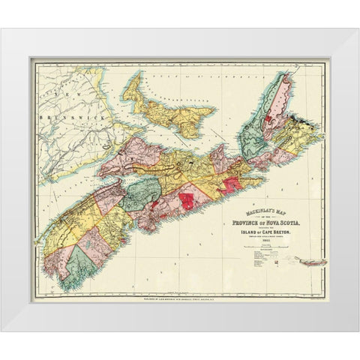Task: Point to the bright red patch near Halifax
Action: (185, 201)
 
